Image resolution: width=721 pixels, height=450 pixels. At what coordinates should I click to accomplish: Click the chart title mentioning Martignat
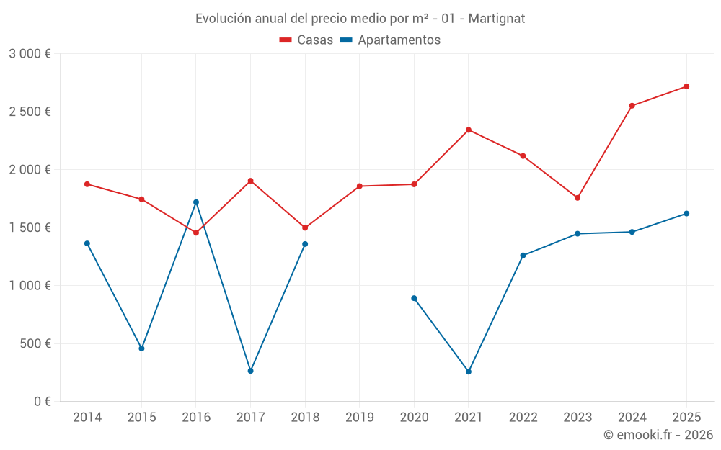360,18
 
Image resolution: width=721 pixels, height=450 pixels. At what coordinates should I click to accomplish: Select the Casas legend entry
306,40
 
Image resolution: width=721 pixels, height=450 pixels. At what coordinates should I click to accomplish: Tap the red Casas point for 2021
469,130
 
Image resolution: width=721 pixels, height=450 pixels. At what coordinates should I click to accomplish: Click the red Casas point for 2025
686,86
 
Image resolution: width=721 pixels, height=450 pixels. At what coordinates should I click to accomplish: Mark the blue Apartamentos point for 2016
196,202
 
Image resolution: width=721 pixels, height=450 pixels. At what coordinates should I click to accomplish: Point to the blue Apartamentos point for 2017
250,371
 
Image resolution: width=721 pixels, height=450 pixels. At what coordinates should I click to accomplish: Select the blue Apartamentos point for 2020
414,298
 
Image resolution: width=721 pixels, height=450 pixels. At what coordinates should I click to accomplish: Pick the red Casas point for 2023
578,198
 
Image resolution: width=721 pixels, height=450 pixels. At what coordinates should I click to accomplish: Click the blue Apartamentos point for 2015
141,348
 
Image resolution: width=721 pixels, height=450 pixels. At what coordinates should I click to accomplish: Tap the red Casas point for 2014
87,184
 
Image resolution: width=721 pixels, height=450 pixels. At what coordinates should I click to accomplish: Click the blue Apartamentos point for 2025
686,214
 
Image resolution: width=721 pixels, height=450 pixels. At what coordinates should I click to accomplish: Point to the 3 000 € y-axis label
30,54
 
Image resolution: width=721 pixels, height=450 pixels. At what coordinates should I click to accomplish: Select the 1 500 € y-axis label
30,228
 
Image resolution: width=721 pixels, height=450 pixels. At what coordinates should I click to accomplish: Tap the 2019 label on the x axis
360,418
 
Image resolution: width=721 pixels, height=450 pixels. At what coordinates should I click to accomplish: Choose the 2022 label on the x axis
523,418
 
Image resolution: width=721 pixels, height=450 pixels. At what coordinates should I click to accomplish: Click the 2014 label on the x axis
87,418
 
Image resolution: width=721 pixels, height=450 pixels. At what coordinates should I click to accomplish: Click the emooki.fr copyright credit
658,435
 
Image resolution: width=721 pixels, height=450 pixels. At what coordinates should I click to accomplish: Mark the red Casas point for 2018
305,228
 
